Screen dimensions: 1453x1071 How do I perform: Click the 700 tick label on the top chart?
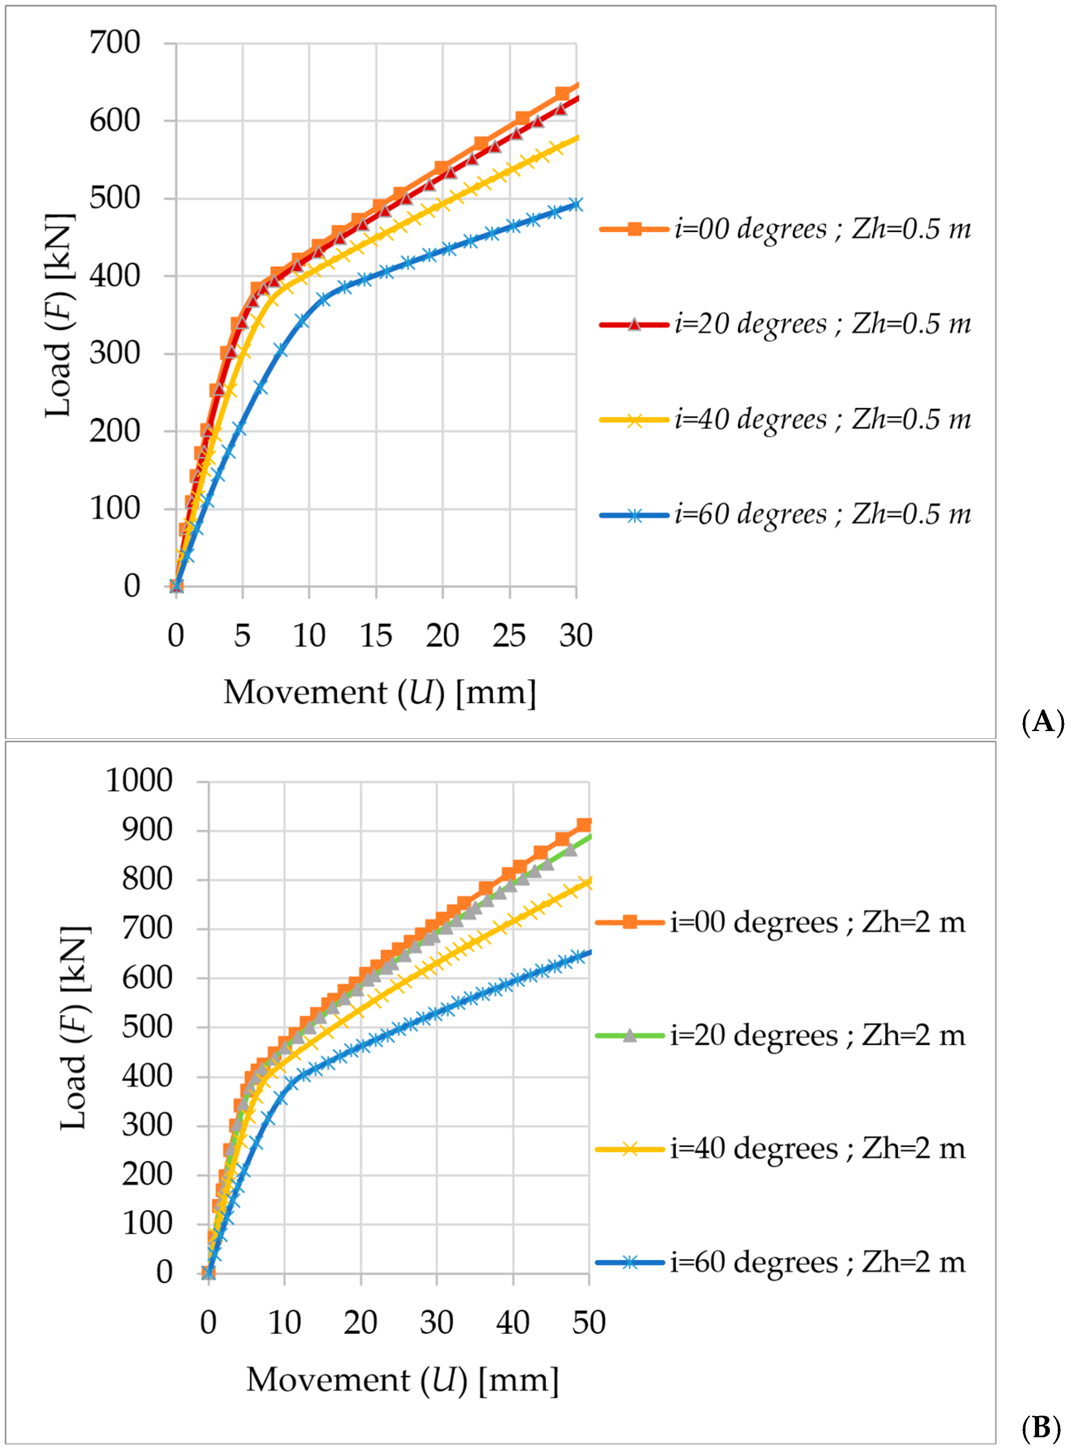point(115,44)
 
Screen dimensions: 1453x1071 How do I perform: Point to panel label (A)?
point(1042,721)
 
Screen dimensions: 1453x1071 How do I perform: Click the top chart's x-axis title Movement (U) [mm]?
point(380,693)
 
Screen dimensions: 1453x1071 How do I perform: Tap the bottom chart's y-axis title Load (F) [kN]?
point(75,1028)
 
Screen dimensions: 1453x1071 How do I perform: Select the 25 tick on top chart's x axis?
point(509,636)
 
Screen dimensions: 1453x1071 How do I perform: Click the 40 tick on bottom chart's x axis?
point(513,1322)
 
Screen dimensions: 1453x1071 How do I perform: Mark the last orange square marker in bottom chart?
point(584,825)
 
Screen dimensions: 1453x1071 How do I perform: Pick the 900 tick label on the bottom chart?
point(147,830)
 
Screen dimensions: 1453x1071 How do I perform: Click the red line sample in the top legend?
point(634,325)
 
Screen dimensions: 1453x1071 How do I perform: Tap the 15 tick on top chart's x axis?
point(376,636)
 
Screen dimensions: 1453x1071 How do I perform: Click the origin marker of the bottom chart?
point(208,1273)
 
